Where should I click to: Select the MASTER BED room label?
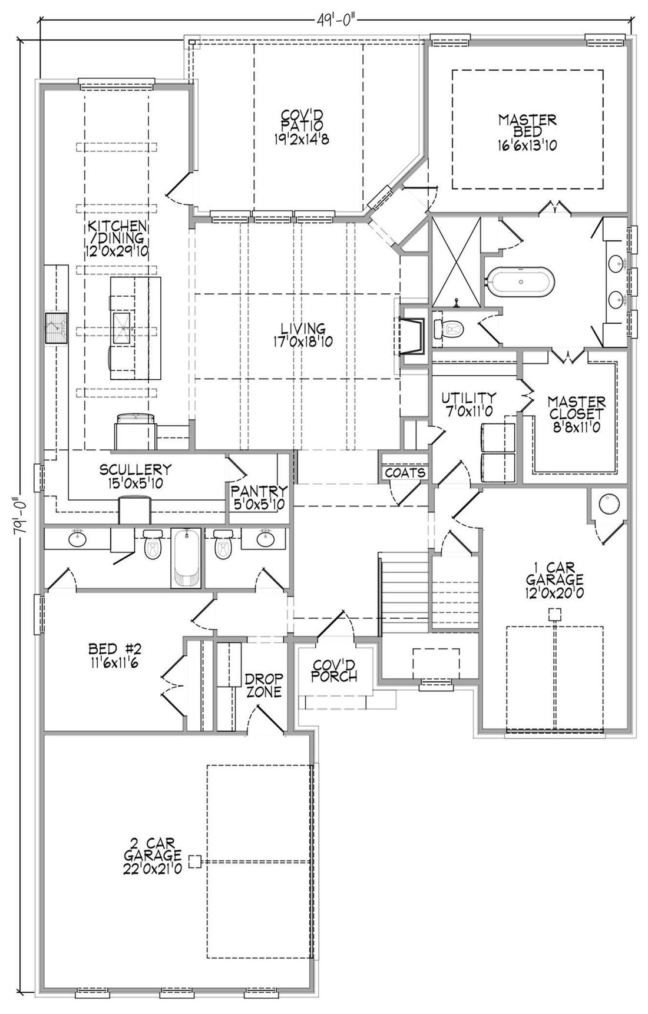click(527, 132)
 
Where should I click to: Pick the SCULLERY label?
click(135, 476)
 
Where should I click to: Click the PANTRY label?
click(259, 496)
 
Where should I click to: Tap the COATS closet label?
click(405, 472)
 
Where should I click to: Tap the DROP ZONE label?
click(264, 685)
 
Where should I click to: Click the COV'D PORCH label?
click(334, 670)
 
